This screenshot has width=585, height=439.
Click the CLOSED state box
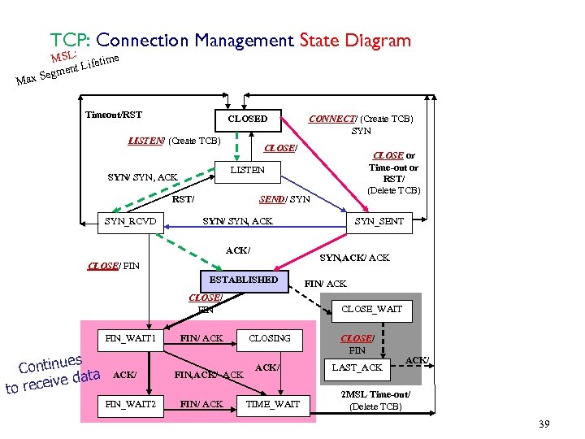click(248, 119)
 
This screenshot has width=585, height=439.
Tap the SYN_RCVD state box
click(131, 221)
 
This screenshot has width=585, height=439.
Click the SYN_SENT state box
click(379, 221)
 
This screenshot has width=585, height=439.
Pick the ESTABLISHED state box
click(244, 280)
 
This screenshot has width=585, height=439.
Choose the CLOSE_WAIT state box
click(370, 309)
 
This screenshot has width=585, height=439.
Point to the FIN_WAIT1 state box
click(131, 337)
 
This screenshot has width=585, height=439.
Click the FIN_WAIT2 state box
click(131, 404)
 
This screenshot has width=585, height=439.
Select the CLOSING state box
click(269, 337)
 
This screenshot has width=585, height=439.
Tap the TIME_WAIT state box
click(273, 404)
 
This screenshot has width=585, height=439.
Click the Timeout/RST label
click(114, 115)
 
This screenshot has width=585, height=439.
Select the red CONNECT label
click(332, 119)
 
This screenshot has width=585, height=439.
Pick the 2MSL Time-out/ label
click(375, 394)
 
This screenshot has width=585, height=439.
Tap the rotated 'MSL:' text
click(63, 57)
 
